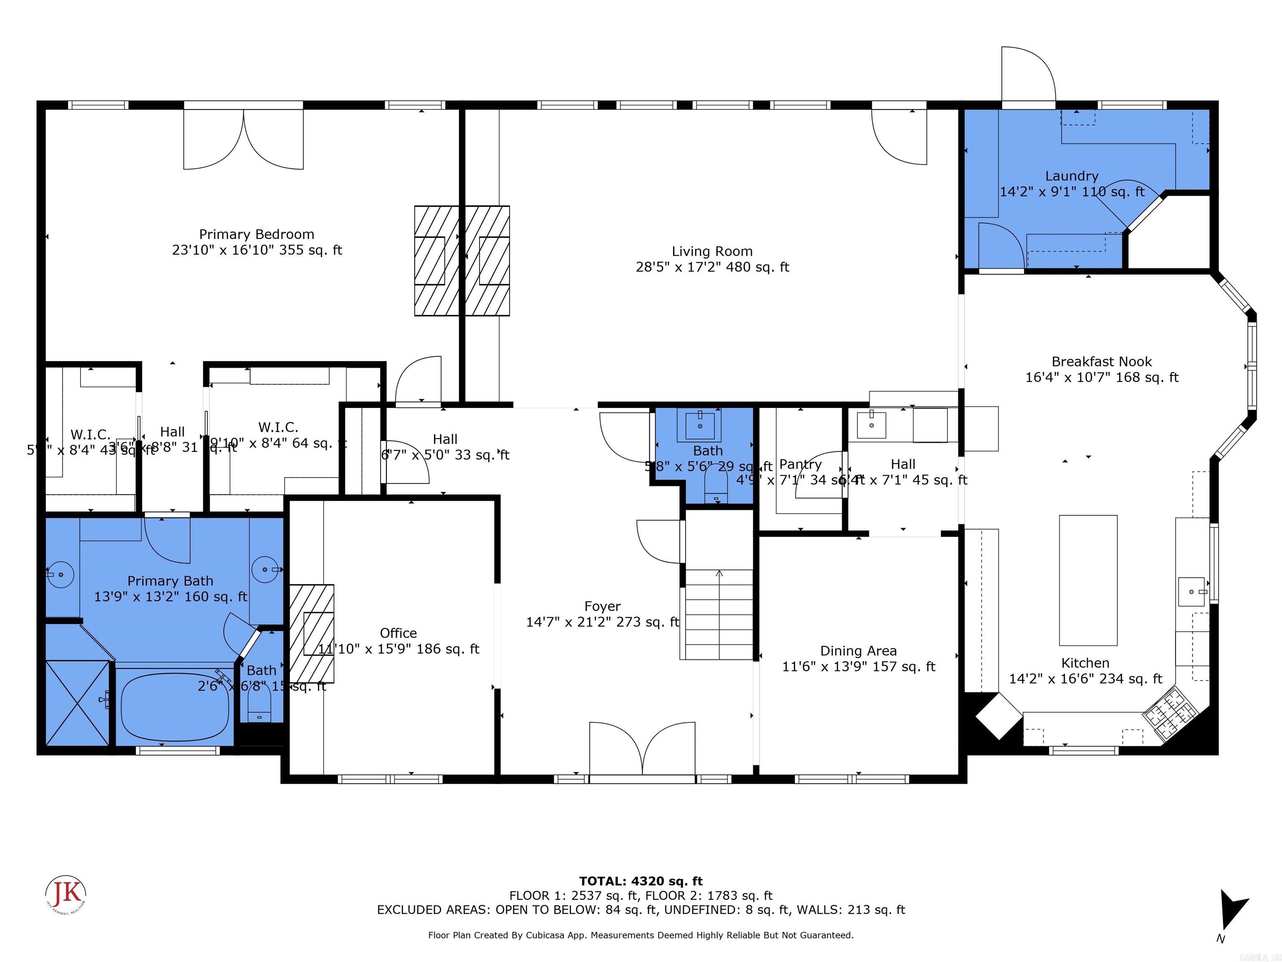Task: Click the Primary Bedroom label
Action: tap(257, 234)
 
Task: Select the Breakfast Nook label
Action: tap(1101, 361)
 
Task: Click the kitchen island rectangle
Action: tap(1088, 580)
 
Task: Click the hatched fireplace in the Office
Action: tap(312, 633)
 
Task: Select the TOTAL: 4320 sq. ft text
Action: tap(641, 881)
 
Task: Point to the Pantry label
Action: tap(800, 464)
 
